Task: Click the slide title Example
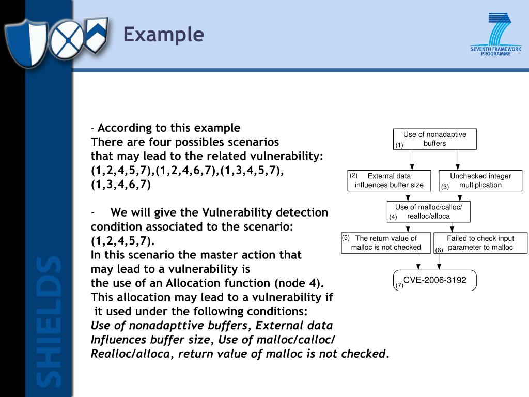point(163,35)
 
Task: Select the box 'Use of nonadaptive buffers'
point(434,139)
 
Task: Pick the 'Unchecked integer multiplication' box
point(480,180)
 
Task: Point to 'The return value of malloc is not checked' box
point(386,243)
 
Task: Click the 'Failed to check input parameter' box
point(480,243)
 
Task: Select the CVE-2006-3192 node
point(434,280)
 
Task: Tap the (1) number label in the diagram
point(399,145)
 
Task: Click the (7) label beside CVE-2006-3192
point(399,285)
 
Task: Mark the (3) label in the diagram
point(445,187)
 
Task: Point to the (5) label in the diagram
point(346,238)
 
